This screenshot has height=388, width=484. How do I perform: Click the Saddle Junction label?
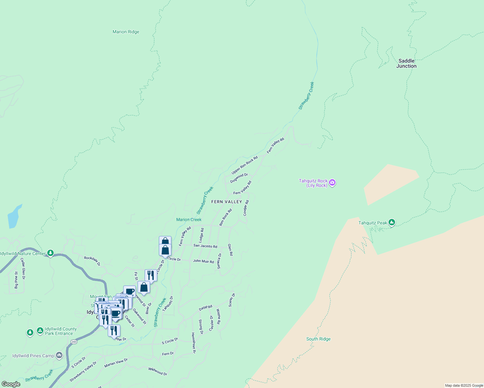406,63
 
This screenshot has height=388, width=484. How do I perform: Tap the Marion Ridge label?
126,32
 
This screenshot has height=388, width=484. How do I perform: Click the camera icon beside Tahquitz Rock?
332,183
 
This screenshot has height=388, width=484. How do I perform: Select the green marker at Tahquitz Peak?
392,222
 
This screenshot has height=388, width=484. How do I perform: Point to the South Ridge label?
318,339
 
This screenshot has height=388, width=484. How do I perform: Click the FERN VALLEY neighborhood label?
226,202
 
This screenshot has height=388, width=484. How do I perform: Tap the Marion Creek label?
189,220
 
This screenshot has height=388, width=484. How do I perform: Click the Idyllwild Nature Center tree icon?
50,253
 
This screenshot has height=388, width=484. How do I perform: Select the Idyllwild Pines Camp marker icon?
59,356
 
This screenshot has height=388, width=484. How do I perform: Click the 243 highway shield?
74,342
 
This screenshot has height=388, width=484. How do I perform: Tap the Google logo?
11,384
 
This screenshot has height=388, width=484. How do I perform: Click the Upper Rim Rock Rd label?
245,165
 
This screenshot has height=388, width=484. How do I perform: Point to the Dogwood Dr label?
239,178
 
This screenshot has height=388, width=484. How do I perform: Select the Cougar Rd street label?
246,208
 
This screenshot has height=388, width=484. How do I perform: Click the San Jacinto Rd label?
205,246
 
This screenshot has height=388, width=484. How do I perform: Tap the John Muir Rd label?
203,261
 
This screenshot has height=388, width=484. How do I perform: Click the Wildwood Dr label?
158,371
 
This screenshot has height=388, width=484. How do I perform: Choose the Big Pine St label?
16,280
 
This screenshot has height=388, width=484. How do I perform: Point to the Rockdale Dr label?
92,261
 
